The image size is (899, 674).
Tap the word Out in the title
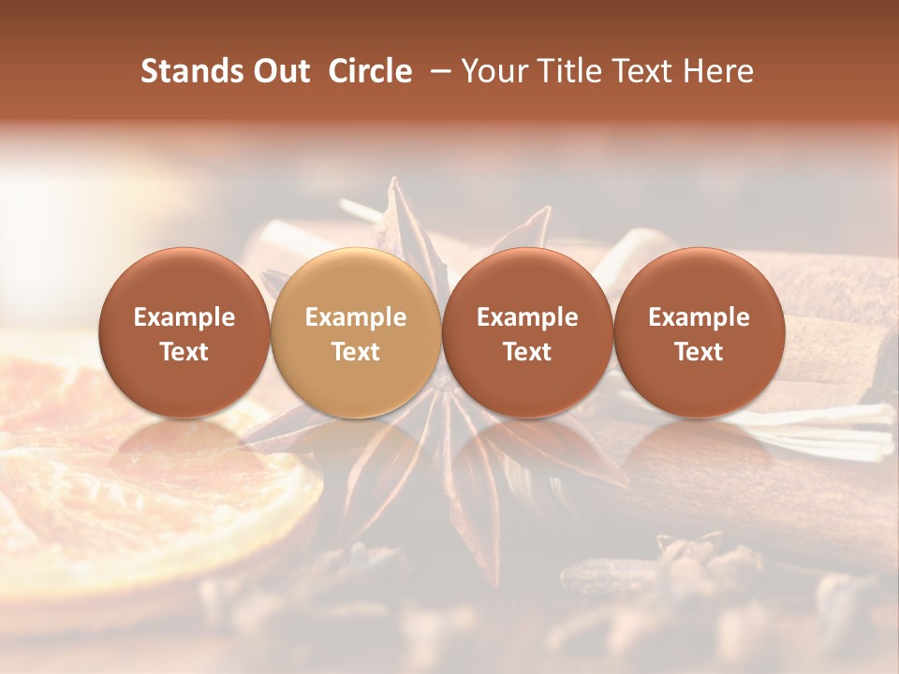(x=279, y=71)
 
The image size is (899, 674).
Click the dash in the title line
(x=437, y=71)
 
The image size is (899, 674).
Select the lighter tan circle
(x=356, y=332)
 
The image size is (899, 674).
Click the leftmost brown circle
(x=184, y=332)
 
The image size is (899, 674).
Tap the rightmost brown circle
(x=700, y=332)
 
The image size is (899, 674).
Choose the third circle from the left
(x=527, y=332)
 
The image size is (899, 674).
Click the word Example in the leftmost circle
(x=184, y=317)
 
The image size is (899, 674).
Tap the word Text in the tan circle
(x=356, y=352)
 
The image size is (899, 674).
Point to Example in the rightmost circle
(x=700, y=317)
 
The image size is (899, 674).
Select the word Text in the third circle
(x=527, y=352)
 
